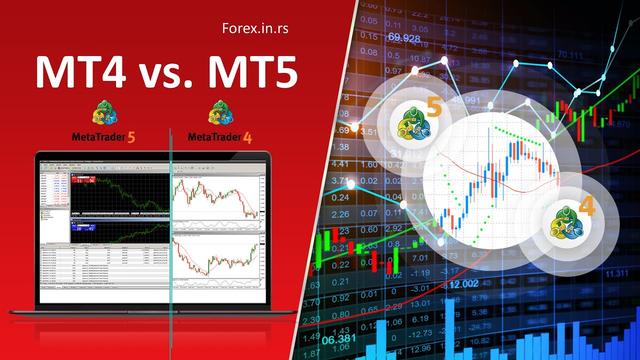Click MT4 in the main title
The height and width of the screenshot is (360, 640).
point(75,74)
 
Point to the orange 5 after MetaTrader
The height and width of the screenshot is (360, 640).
point(132,135)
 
